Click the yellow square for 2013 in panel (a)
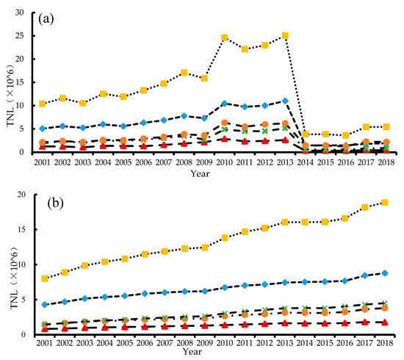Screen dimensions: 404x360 (x=285, y=35)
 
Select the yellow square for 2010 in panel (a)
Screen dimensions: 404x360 (x=225, y=37)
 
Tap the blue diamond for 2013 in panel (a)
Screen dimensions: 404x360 (x=285, y=101)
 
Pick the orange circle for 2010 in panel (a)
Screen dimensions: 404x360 (x=225, y=123)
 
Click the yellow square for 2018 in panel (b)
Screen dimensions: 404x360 (x=385, y=203)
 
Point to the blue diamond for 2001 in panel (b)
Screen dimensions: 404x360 (x=45, y=305)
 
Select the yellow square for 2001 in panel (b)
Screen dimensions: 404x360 (x=45, y=278)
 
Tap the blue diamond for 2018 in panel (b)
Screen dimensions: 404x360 (x=385, y=273)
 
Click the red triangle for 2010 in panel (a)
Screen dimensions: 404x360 (x=225, y=139)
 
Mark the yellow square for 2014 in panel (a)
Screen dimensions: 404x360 (x=306, y=134)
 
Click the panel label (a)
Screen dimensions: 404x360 (x=46, y=19)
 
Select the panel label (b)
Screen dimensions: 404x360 (x=55, y=204)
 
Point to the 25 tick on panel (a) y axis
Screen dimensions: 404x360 (x=19, y=35)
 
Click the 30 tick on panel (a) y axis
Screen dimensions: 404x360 (x=19, y=12)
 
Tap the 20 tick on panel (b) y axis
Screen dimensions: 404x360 (x=21, y=195)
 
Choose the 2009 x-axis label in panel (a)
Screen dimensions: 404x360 (x=204, y=162)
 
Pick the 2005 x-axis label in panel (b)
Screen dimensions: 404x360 (x=125, y=343)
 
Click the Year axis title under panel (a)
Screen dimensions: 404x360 (x=200, y=173)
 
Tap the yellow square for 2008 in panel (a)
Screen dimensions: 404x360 (x=184, y=73)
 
